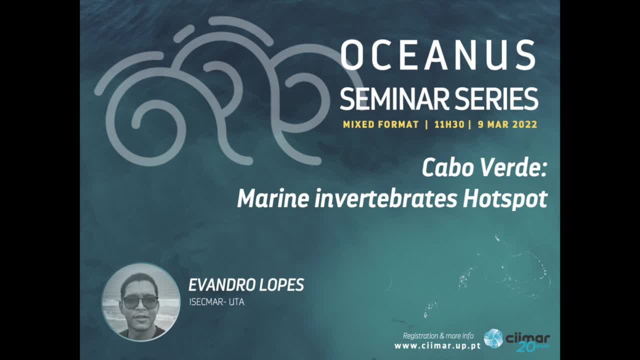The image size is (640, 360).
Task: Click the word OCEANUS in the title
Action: tap(438, 55)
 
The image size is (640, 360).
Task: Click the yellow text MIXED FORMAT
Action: tap(380, 124)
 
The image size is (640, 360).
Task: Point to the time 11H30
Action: tap(449, 124)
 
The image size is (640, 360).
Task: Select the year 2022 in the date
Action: tap(524, 124)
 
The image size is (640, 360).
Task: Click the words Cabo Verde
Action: tap(484, 168)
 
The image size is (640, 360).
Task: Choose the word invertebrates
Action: tap(385, 198)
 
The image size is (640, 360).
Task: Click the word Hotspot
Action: tap(505, 199)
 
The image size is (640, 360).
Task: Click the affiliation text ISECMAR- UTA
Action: tap(216, 302)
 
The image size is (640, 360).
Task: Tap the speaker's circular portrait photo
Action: tap(141, 302)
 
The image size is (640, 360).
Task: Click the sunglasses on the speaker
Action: tap(140, 302)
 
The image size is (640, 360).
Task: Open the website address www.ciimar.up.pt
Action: tap(437, 346)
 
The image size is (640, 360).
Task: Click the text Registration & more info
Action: tap(438, 336)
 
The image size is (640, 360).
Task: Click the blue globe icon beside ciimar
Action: tap(493, 338)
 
